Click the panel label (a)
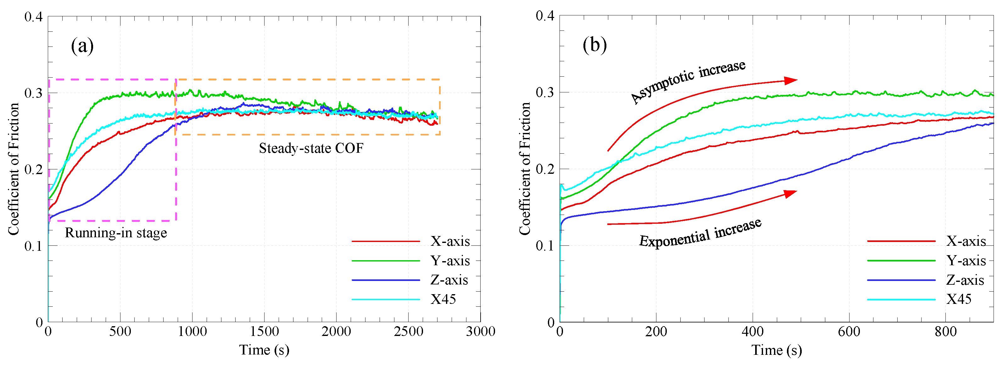point(82,46)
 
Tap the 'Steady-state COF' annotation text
point(311,148)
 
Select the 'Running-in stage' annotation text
point(116,233)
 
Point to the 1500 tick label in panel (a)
point(265,332)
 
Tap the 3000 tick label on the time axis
point(481,332)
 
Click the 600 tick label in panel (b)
point(849,332)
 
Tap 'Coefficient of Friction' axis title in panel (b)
point(525,169)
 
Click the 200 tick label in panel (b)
point(656,332)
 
